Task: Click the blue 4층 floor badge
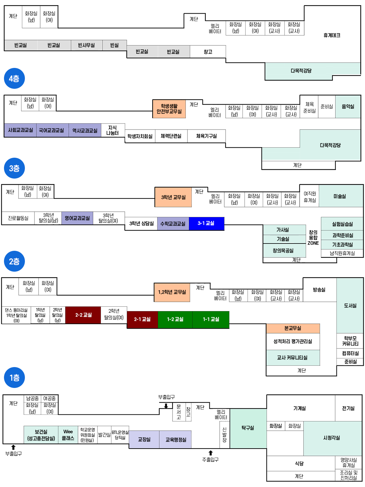pyautogui.click(x=14, y=79)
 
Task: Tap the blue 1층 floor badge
pyautogui.click(x=14, y=377)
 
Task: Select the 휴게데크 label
pyautogui.click(x=332, y=35)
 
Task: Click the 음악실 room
pyautogui.click(x=348, y=107)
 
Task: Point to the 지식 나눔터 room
pyautogui.click(x=112, y=130)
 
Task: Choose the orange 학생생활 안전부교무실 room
pyautogui.click(x=169, y=109)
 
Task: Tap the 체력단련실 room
pyautogui.click(x=171, y=136)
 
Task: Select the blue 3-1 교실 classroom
pyautogui.click(x=206, y=223)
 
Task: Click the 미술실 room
pyautogui.click(x=340, y=196)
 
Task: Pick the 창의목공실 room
pyautogui.click(x=283, y=250)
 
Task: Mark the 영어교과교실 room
pyautogui.click(x=77, y=218)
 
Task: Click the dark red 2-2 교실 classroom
pyautogui.click(x=83, y=315)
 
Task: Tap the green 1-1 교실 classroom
pyautogui.click(x=211, y=319)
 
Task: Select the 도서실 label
pyautogui.click(x=350, y=305)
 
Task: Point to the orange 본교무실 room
pyautogui.click(x=293, y=328)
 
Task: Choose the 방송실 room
pyautogui.click(x=319, y=290)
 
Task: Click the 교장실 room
pyautogui.click(x=144, y=439)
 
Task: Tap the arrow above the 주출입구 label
pyautogui.click(x=210, y=453)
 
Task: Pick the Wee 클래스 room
pyautogui.click(x=68, y=435)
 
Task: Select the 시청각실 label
pyautogui.click(x=331, y=438)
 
